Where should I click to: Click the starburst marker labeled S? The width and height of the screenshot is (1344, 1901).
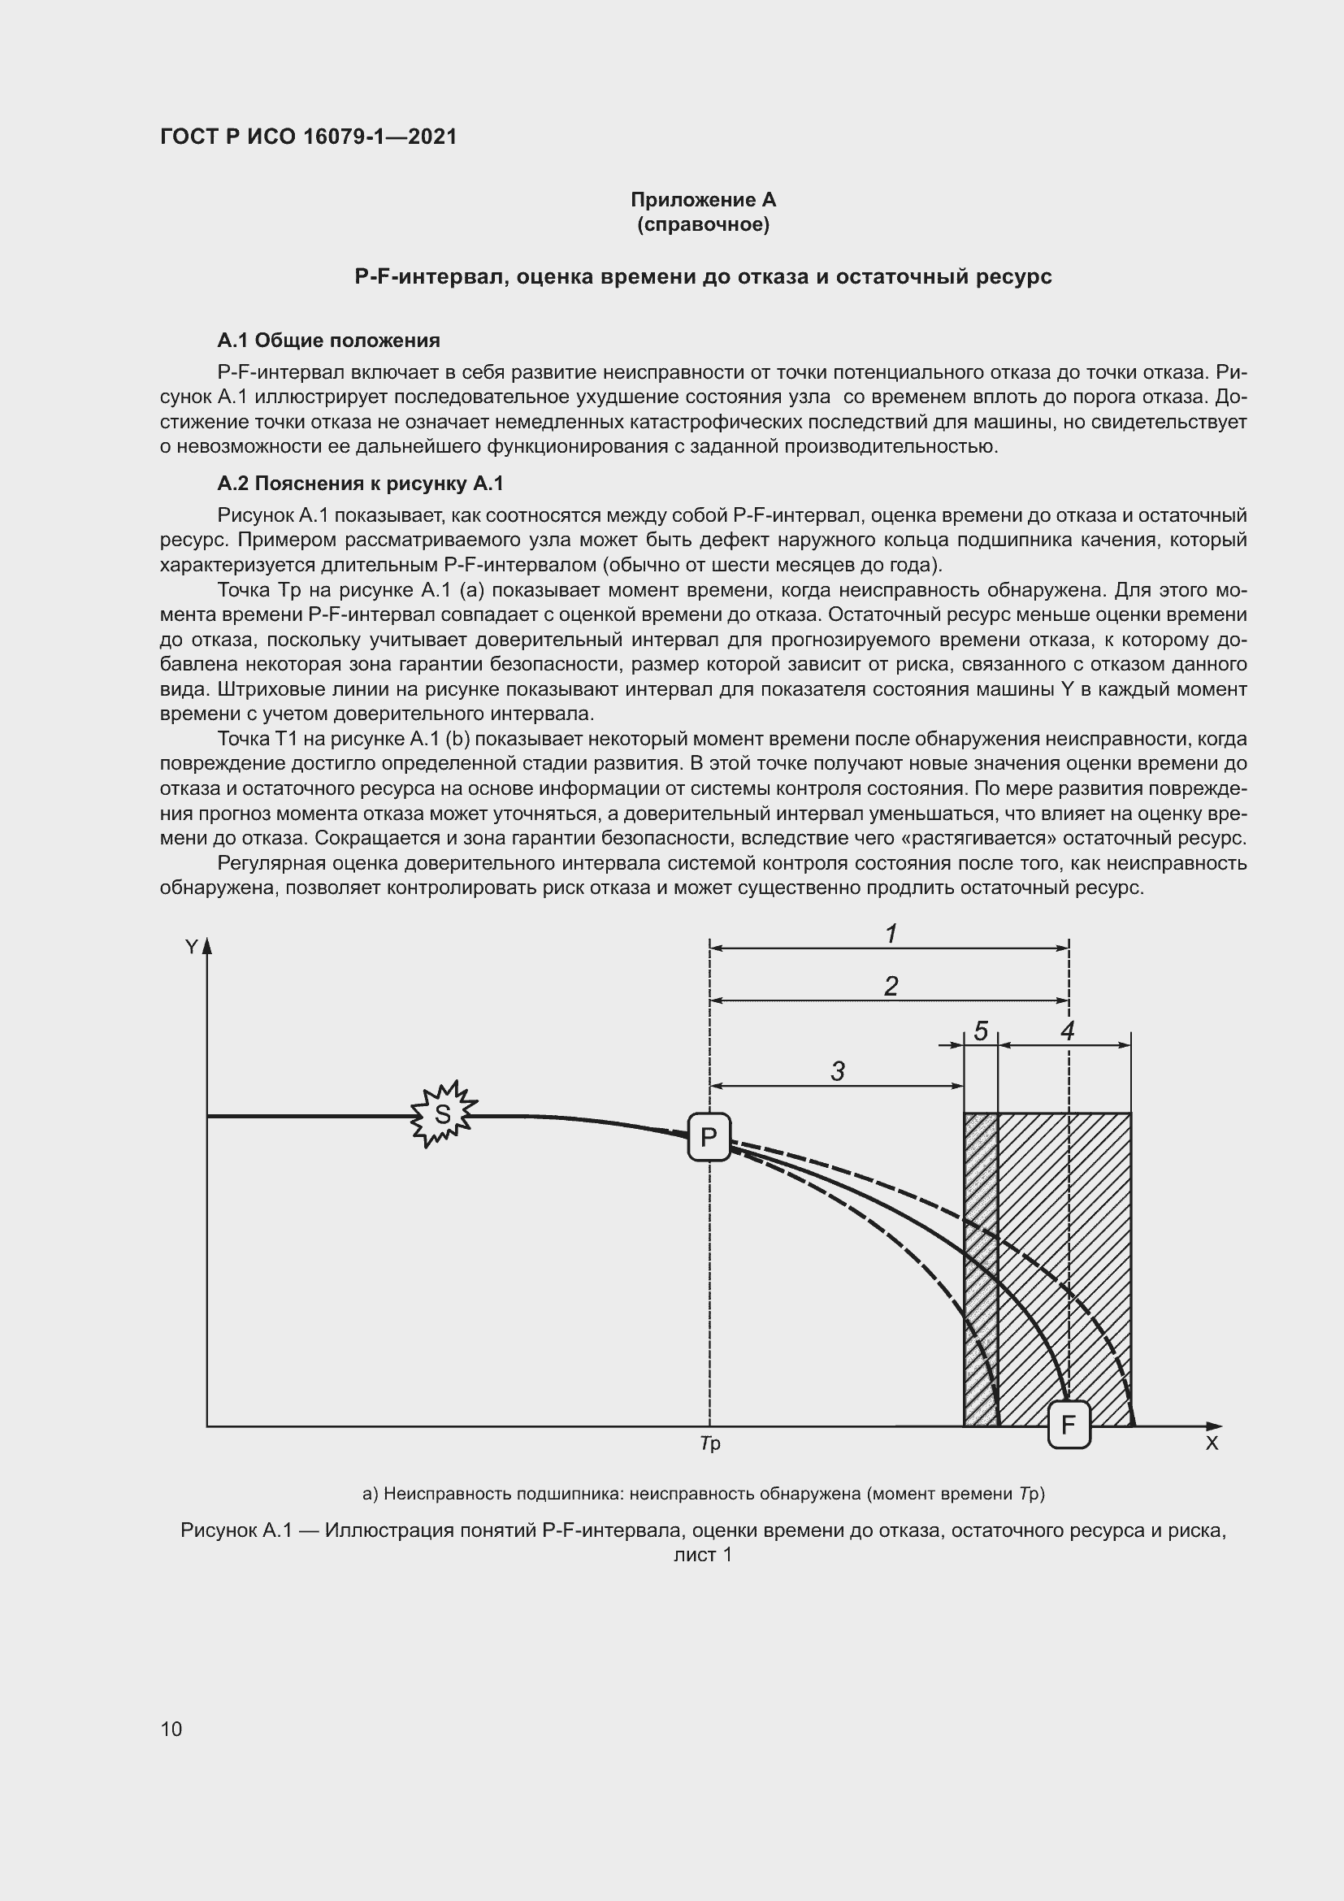click(444, 1114)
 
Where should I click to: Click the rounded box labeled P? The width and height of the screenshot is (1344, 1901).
click(709, 1137)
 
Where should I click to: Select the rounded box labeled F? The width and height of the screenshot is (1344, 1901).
click(1069, 1425)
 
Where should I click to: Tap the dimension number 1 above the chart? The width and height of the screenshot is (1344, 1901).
click(891, 934)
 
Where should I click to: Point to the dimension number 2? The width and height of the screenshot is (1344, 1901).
click(891, 985)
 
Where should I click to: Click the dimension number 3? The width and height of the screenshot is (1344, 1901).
click(838, 1071)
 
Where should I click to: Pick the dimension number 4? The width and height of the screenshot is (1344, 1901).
click(1068, 1031)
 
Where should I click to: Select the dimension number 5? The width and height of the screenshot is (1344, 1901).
click(981, 1031)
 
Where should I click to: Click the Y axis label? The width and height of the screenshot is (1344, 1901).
click(191, 947)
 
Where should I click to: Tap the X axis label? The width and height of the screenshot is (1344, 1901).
click(1212, 1443)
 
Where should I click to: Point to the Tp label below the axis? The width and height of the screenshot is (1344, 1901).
click(710, 1443)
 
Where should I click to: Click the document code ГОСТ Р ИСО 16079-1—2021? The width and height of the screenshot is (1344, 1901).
click(308, 137)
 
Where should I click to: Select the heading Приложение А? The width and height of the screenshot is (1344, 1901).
click(703, 200)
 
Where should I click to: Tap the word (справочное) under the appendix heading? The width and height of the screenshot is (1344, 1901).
click(703, 224)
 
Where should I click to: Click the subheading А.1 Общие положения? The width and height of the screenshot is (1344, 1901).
click(328, 341)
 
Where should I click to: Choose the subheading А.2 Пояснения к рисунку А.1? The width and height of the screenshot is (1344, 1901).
click(360, 484)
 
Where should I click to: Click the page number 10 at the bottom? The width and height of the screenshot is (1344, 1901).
click(171, 1729)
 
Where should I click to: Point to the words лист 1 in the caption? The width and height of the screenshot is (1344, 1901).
click(703, 1555)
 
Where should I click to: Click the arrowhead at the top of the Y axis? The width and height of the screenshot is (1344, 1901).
click(207, 945)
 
